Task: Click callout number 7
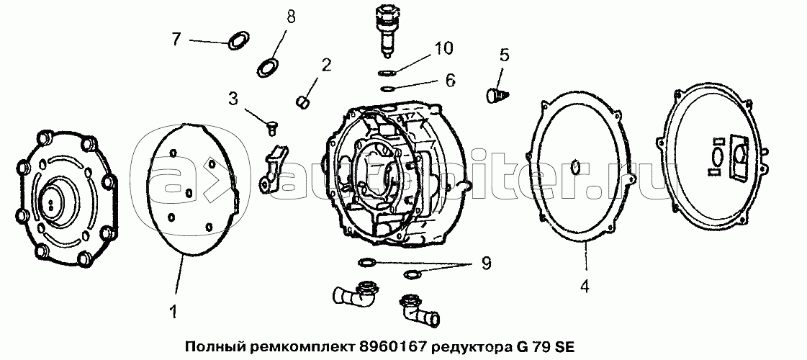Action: coord(176,39)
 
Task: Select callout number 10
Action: coord(443,49)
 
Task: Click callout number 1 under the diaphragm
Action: coord(173,311)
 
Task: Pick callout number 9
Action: coord(486,264)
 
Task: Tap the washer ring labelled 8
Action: coord(268,68)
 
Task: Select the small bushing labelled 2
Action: coord(304,100)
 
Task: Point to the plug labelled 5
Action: coord(497,96)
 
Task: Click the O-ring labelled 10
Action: coord(387,72)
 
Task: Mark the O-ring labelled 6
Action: coord(387,89)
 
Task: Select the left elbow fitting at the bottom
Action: coord(355,294)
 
